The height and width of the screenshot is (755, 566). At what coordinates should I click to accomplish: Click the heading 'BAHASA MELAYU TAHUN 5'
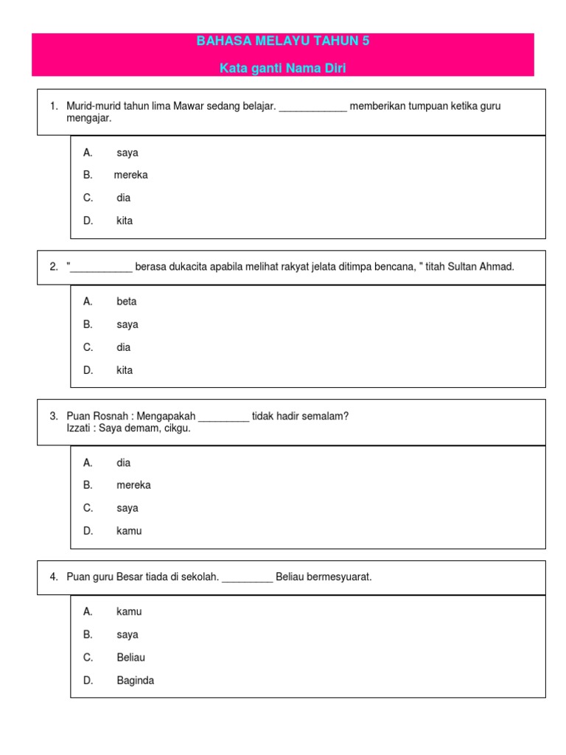click(283, 41)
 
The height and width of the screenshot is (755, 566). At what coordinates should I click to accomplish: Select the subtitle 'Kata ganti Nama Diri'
click(283, 69)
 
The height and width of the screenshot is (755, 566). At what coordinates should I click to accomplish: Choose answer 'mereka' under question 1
click(131, 175)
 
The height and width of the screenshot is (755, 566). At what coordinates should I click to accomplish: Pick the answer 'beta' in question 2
click(127, 302)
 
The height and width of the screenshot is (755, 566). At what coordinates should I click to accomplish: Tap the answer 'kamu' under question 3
click(129, 531)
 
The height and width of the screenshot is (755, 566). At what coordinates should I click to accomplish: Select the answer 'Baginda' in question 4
click(136, 681)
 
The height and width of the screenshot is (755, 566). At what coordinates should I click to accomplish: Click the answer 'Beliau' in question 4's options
click(131, 658)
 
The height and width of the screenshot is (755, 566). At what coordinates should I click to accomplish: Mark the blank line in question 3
click(224, 419)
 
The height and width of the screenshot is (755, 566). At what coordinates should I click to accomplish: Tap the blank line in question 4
click(248, 580)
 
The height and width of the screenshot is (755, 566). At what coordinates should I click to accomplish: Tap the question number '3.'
click(54, 417)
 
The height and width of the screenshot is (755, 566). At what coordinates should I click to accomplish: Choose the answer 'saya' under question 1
click(127, 153)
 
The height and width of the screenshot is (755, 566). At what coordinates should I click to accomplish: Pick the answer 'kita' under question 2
click(125, 370)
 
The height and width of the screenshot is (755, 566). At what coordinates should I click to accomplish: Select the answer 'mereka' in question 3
click(133, 485)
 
